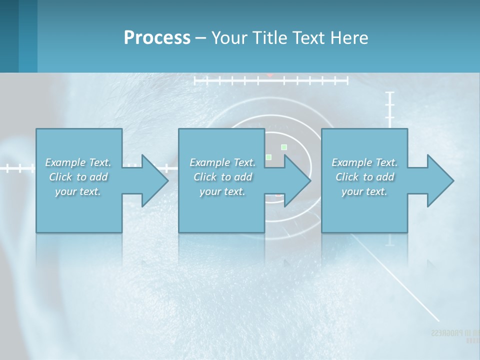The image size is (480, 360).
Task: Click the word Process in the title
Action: coord(157,37)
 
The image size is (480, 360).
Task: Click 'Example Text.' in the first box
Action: coord(78,162)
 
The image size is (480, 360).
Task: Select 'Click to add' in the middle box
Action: coord(222,177)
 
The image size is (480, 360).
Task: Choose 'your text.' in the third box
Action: coord(364,191)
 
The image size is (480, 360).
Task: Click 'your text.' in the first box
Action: coord(78,191)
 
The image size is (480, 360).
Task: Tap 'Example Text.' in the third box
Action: coord(364,162)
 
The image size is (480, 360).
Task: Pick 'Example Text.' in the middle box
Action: coord(222,162)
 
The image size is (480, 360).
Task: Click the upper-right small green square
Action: coord(284,147)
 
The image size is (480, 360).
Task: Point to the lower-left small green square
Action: coord(268,157)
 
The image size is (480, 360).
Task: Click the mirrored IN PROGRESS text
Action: coord(453,333)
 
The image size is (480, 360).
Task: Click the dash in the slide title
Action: coord(200,38)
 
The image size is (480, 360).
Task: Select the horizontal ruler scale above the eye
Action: coord(270,80)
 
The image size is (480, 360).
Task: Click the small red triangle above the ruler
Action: coord(270,75)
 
